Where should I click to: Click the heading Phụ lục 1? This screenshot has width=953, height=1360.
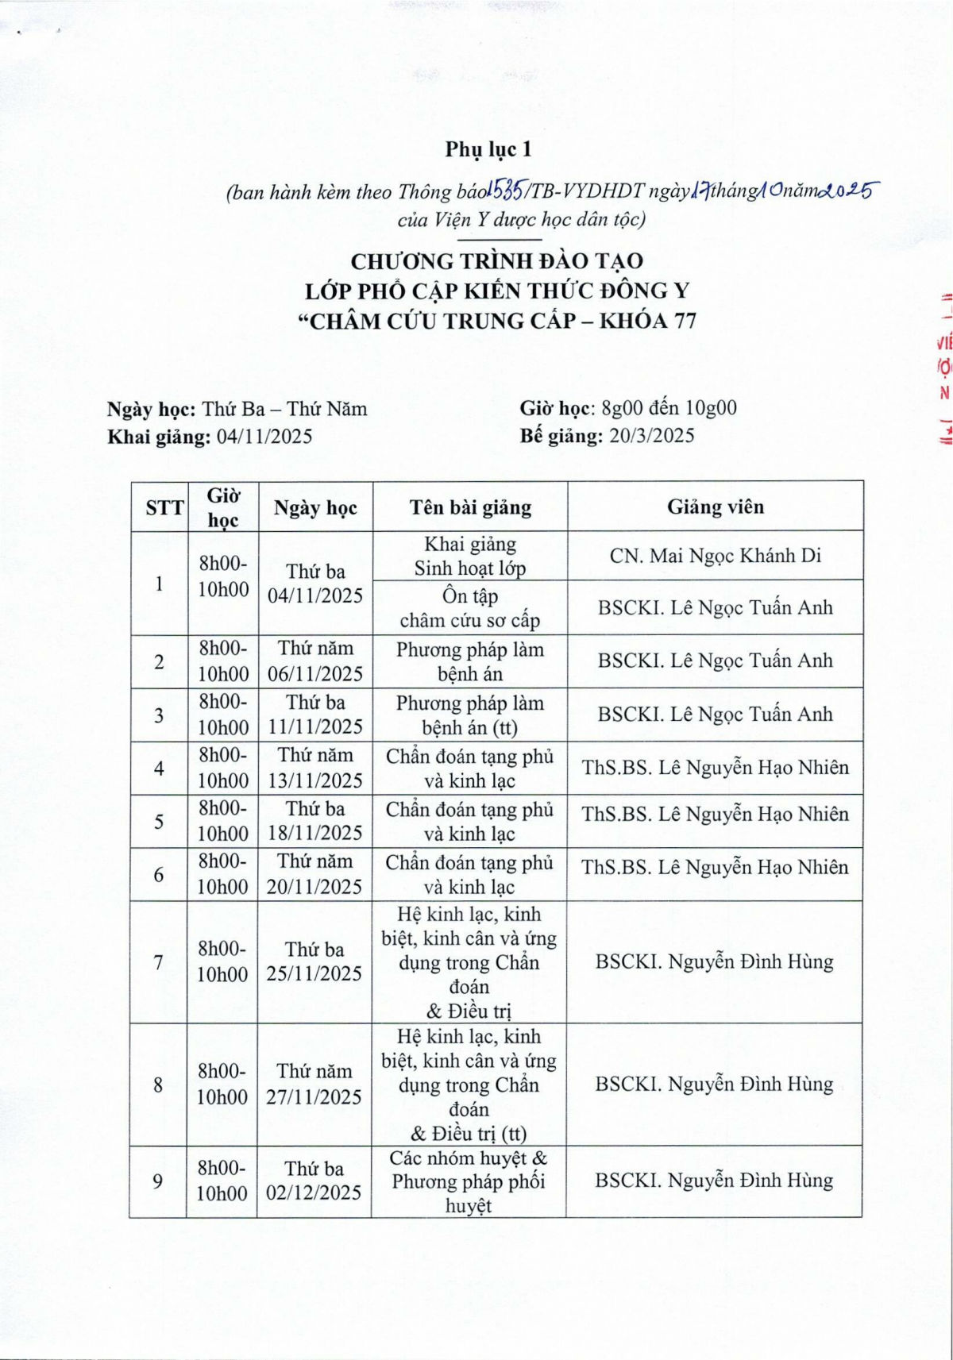[488, 149]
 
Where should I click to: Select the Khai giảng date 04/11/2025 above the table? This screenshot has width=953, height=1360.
[264, 437]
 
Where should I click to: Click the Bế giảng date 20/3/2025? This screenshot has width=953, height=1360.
[651, 435]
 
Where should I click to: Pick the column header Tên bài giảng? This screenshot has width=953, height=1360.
[470, 507]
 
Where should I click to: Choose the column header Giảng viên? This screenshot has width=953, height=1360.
[715, 507]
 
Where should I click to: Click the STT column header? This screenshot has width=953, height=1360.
[164, 508]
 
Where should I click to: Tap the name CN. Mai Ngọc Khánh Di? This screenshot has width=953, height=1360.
[715, 556]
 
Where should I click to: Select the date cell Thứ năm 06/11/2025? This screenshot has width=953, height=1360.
[315, 661]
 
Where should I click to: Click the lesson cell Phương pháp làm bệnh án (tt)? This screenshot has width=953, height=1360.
[470, 715]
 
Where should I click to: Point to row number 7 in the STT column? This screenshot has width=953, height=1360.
[159, 962]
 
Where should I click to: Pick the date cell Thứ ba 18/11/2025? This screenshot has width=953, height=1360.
[314, 821]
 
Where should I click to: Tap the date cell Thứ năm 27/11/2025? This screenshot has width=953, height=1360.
[314, 1085]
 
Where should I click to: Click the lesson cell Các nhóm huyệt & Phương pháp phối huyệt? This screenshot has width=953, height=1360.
[469, 1181]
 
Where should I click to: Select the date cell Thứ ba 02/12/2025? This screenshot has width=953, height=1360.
[314, 1181]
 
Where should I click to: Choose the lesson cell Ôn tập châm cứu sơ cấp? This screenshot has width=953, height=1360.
[470, 608]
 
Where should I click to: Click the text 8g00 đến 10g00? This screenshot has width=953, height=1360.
[669, 408]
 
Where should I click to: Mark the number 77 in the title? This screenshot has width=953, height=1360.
[681, 321]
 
